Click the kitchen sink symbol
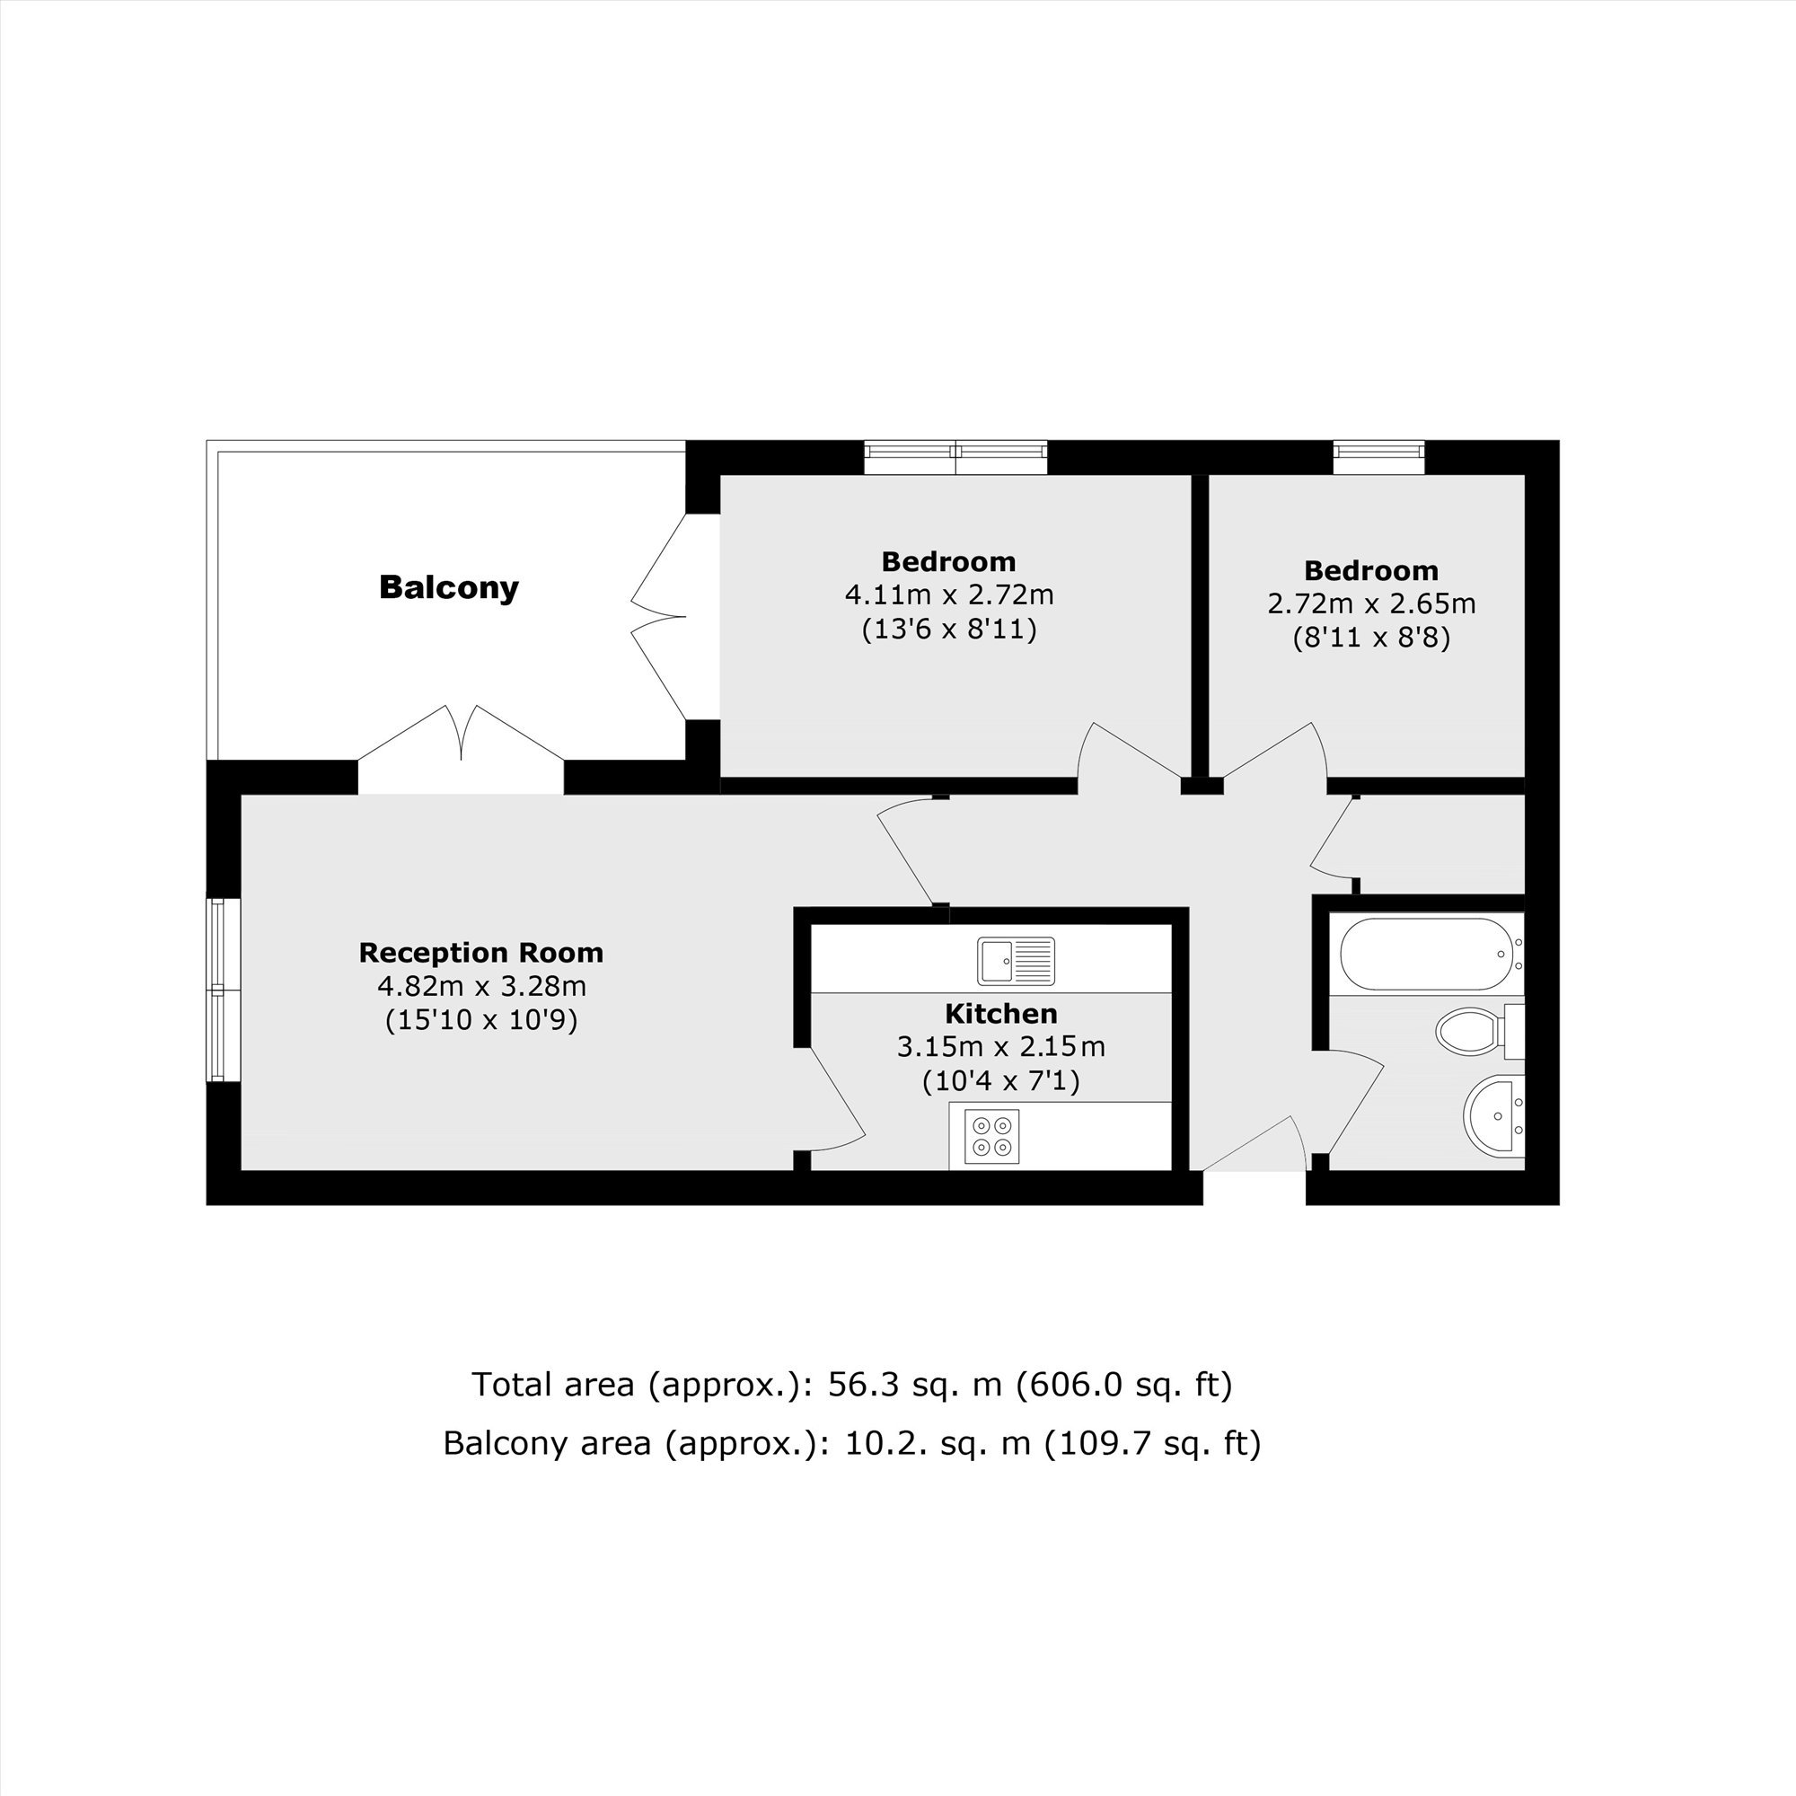[1016, 960]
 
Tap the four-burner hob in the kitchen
[992, 1136]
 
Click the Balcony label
[449, 587]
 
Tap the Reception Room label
[481, 953]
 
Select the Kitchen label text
[1001, 1013]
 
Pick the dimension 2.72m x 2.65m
[1372, 603]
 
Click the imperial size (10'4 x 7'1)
[1001, 1081]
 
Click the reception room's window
[223, 989]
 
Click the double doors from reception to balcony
[461, 748]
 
